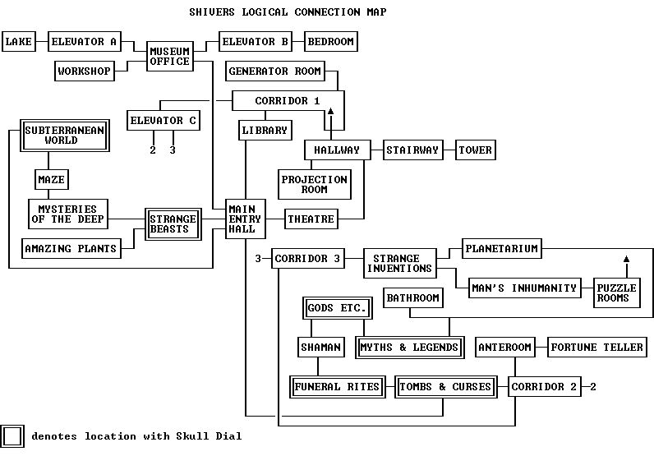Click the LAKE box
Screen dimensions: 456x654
point(19,42)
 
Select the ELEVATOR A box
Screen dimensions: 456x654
point(84,42)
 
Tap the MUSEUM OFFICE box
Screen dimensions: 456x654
point(170,56)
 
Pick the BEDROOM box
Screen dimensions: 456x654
point(331,42)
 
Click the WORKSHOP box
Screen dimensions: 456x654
point(84,71)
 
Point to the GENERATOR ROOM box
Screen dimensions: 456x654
point(274,71)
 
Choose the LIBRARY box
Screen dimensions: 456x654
point(265,130)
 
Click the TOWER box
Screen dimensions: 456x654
point(475,150)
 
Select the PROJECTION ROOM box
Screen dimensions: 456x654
point(315,184)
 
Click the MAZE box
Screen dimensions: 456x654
point(50,179)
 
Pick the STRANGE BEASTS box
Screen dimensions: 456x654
point(173,223)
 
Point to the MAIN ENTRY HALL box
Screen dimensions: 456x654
point(245,219)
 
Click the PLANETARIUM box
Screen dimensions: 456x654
point(501,248)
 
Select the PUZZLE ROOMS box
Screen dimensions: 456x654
point(613,293)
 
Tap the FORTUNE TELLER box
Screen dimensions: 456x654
point(596,347)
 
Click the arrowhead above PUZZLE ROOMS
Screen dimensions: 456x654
point(626,260)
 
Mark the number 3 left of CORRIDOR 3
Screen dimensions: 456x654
point(257,259)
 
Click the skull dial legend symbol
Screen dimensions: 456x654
point(13,436)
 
